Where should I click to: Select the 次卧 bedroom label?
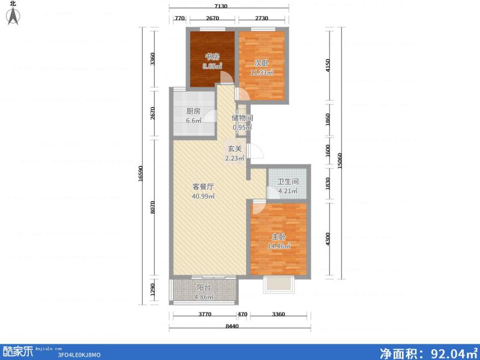click(261, 63)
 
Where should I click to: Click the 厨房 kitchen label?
click(193, 111)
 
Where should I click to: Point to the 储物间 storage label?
click(242, 118)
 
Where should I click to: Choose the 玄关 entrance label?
click(234, 149)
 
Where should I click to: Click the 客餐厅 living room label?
click(203, 187)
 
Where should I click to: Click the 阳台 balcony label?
click(204, 287)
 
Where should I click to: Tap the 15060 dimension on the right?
click(340, 160)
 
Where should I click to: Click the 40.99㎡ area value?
click(203, 196)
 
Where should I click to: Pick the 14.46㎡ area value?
click(278, 246)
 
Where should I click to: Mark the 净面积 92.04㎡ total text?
click(428, 352)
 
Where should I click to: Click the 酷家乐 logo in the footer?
click(17, 352)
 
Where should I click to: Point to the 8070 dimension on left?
click(154, 208)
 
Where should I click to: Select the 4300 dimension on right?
click(327, 239)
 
